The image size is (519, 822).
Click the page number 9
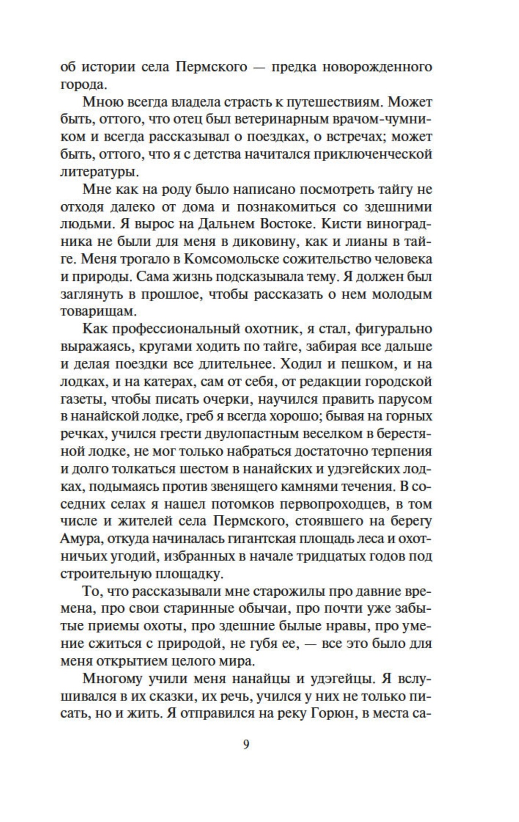246,745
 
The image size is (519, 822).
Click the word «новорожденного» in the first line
377,67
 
